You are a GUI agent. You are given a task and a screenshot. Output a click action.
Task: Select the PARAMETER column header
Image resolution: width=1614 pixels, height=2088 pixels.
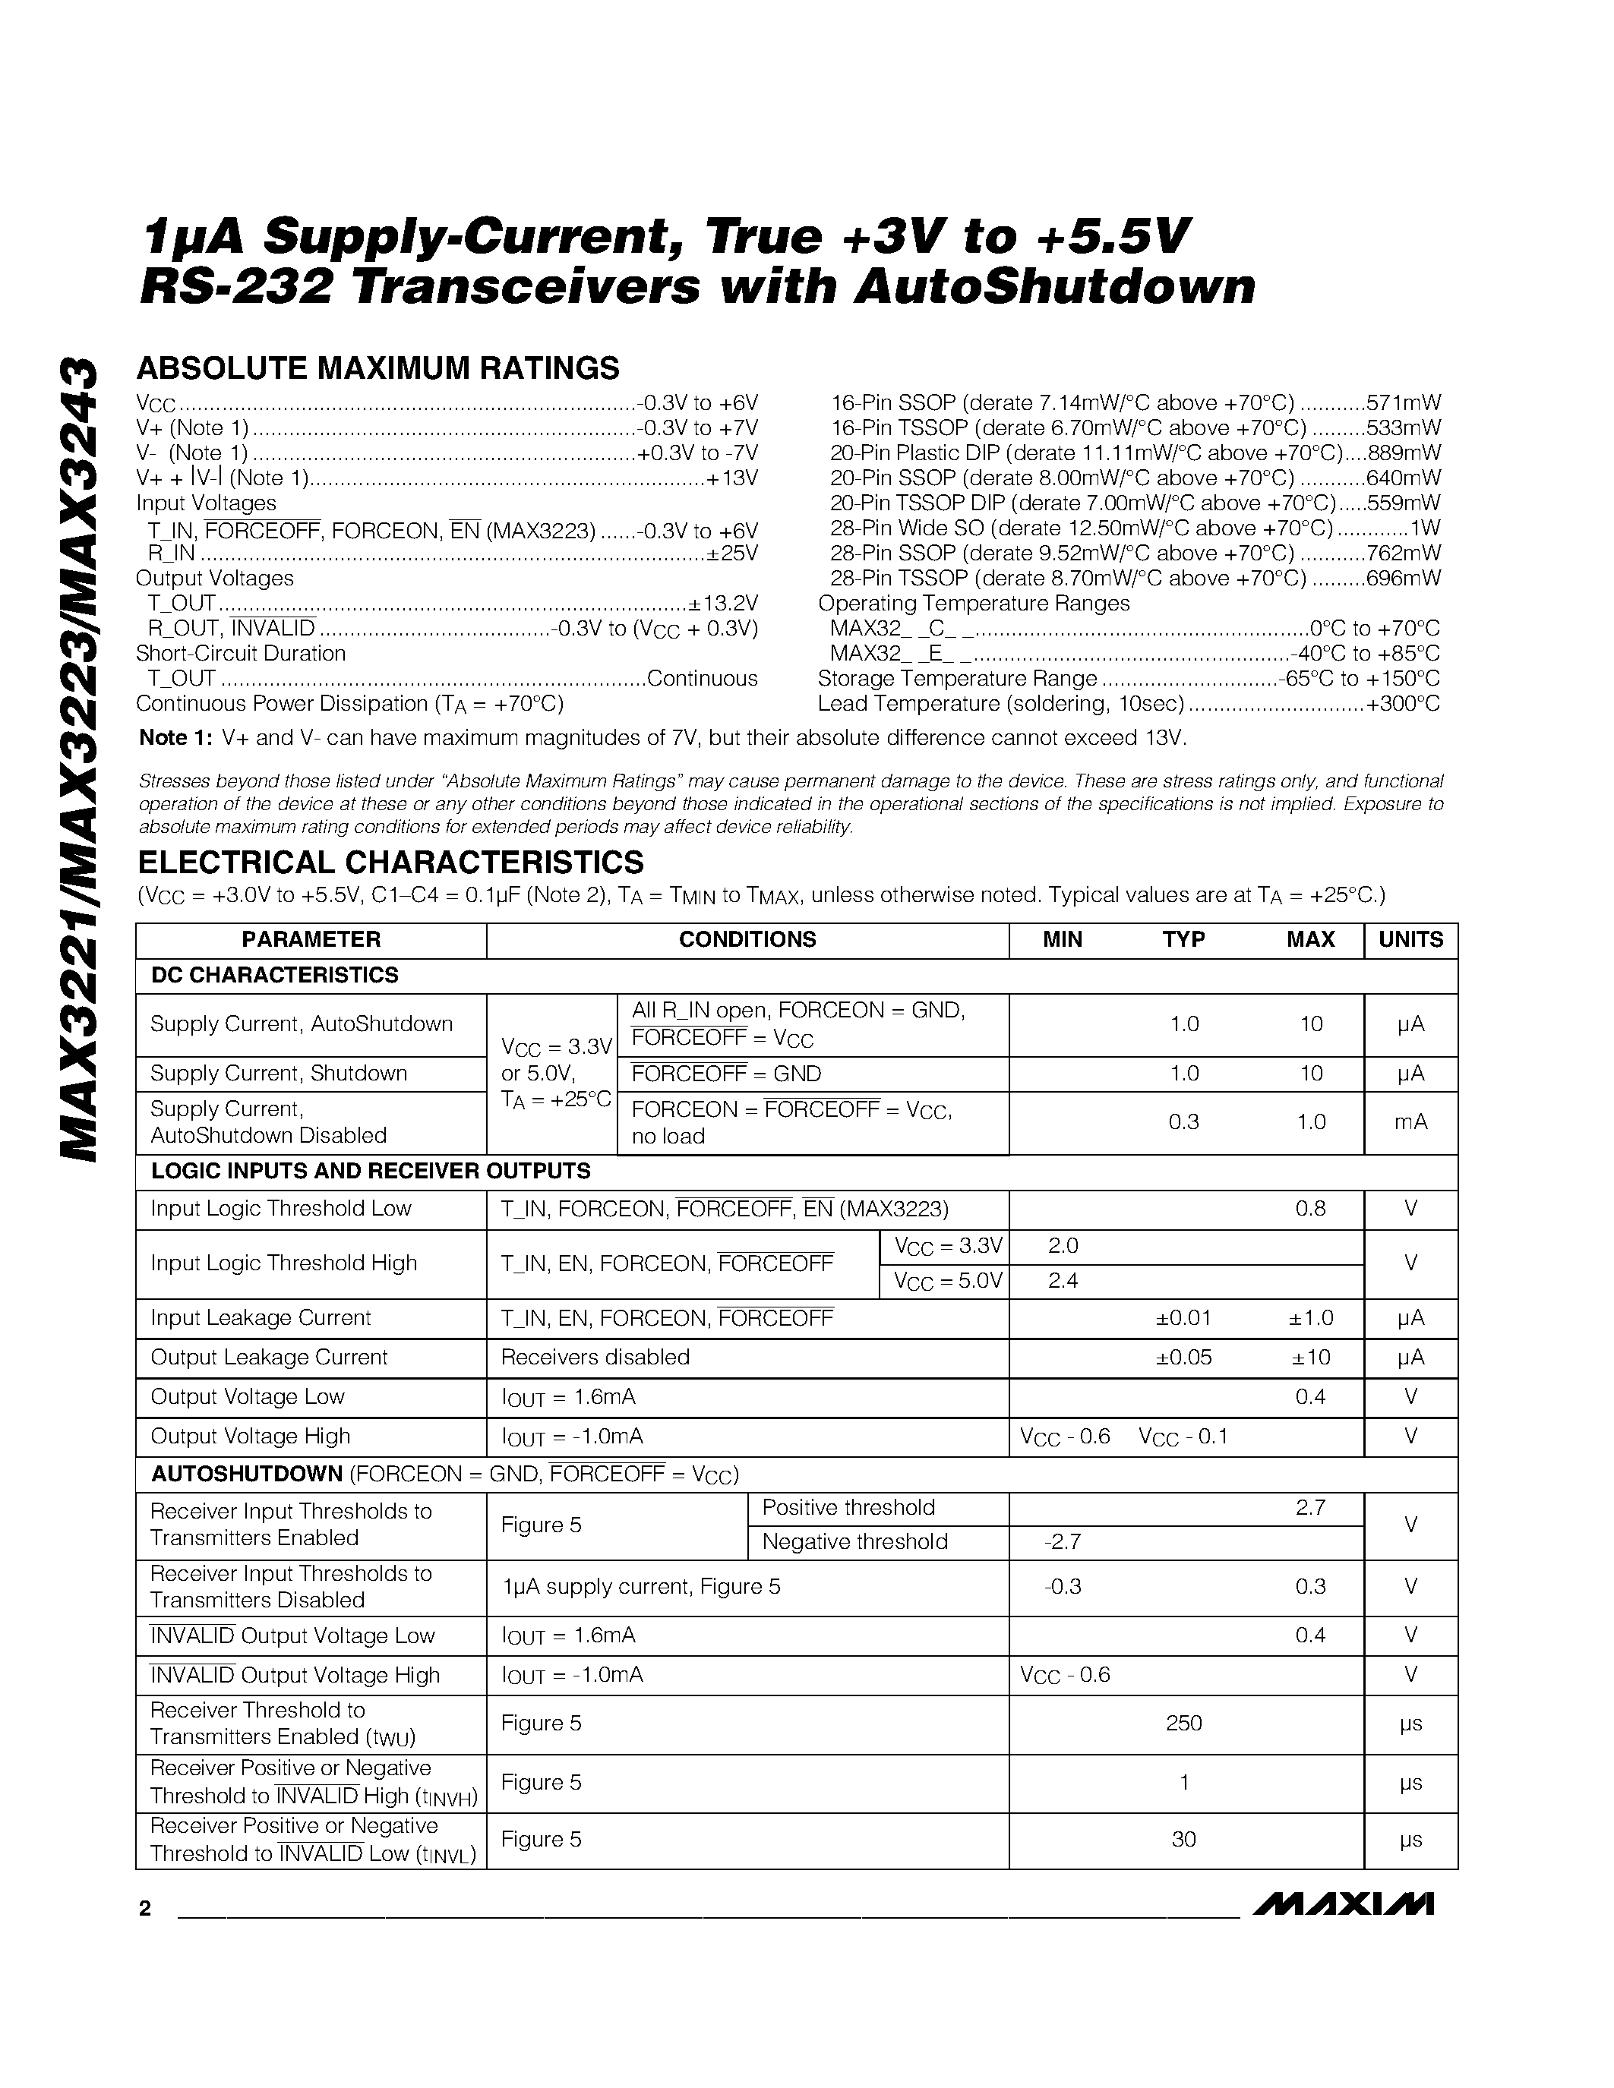point(311,940)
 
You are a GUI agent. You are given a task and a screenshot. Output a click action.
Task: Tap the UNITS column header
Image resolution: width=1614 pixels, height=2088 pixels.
point(1410,940)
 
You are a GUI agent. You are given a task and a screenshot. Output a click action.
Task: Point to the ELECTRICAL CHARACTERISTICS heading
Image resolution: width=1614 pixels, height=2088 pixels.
point(390,863)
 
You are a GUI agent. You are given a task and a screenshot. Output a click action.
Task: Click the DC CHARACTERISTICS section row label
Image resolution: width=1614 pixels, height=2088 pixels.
point(274,975)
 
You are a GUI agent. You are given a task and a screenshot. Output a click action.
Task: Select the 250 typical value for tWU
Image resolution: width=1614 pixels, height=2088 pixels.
point(1184,1723)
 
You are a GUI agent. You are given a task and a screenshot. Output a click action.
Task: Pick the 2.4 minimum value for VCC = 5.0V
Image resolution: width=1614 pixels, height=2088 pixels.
point(1063,1281)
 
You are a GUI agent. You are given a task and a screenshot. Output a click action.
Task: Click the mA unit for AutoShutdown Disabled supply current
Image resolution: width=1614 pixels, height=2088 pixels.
point(1410,1122)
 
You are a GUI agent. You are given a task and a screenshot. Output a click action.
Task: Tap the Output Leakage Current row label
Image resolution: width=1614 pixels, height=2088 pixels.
point(269,1358)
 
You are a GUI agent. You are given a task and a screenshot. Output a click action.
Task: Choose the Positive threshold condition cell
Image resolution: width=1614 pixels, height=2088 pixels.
point(847,1508)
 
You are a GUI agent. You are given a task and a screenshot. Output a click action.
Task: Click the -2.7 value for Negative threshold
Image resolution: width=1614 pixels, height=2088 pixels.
point(1063,1542)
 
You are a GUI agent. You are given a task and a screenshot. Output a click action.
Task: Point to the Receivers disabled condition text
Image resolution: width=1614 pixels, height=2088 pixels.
point(595,1358)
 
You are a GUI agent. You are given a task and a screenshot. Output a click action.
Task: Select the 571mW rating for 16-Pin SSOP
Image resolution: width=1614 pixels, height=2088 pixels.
point(1403,402)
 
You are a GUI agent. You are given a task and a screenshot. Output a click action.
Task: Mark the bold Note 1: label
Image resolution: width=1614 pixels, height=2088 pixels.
point(176,738)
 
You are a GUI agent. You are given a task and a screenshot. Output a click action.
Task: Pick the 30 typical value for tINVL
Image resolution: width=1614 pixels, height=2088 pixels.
point(1184,1840)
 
